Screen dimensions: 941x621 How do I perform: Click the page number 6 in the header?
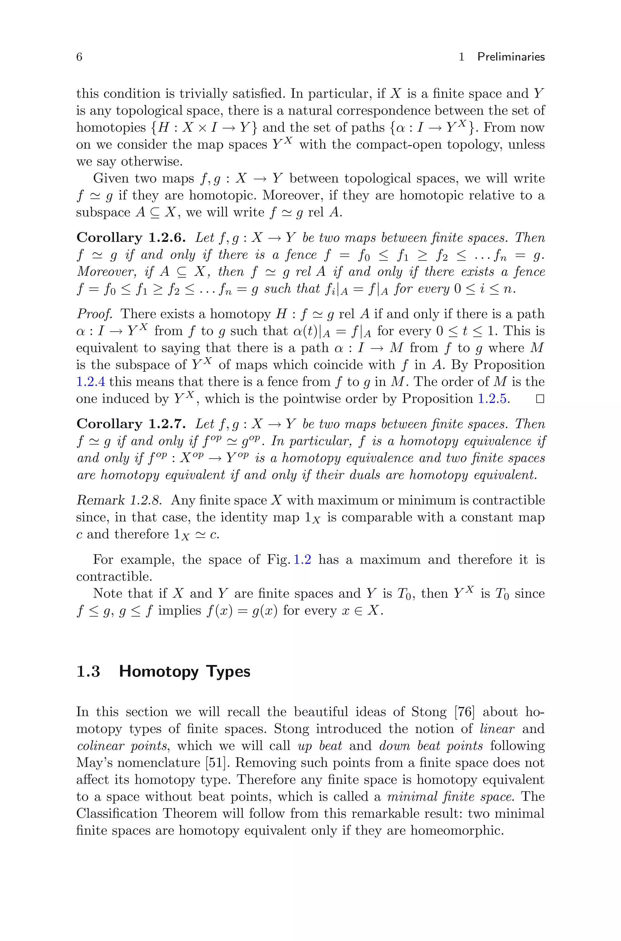point(79,57)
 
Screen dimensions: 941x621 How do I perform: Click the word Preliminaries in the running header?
point(511,57)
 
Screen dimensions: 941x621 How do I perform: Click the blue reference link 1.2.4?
point(90,382)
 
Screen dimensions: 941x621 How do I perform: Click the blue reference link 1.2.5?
point(492,399)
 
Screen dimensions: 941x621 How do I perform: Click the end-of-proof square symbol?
point(539,399)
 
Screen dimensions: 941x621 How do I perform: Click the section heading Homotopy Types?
point(185,672)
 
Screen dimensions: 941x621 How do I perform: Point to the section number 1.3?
point(88,672)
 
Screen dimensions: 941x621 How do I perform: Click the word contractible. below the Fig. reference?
point(114,576)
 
